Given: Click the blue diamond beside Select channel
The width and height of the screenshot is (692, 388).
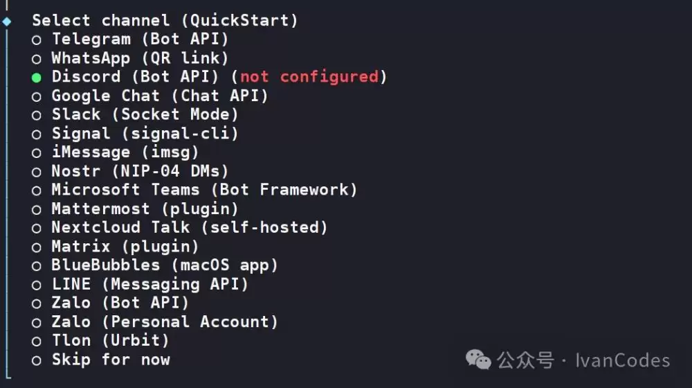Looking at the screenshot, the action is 7,21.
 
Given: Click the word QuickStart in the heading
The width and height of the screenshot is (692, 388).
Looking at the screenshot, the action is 239,20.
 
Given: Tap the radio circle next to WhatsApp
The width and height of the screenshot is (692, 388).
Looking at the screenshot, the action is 37,59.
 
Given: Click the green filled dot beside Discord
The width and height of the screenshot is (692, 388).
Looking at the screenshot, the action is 37,78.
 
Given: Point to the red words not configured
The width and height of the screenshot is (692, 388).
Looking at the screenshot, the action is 309,77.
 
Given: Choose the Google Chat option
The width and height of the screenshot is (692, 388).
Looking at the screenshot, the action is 160,96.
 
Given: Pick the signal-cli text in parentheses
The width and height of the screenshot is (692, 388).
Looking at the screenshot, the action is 180,134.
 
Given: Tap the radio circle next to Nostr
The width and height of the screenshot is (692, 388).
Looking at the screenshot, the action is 37,172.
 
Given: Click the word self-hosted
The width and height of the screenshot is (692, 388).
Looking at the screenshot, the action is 264,227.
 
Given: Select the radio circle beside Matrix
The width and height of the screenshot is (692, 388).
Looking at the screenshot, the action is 37,247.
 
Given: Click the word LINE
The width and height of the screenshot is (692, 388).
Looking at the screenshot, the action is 71,284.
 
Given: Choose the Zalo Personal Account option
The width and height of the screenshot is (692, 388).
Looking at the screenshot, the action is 165,321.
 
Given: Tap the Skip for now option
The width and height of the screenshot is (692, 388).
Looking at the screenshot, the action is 111,360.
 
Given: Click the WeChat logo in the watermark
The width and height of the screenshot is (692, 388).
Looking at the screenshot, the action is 478,360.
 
